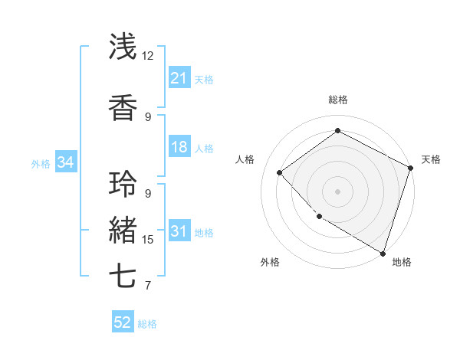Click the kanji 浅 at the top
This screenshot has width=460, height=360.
click(x=123, y=47)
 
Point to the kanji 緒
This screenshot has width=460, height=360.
click(x=123, y=231)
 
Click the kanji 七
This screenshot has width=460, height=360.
click(x=123, y=277)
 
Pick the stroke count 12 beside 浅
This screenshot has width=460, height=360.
click(x=148, y=56)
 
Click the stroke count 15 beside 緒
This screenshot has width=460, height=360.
click(x=148, y=240)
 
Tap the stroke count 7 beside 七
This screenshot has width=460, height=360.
click(x=148, y=286)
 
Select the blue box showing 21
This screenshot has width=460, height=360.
click(x=179, y=78)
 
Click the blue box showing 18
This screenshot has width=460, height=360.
click(x=179, y=147)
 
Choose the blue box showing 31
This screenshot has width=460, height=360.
click(x=179, y=231)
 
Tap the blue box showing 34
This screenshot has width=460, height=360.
click(x=65, y=162)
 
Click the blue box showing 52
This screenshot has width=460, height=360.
click(x=123, y=322)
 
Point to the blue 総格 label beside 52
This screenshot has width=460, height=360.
click(x=148, y=324)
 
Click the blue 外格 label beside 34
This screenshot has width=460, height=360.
click(x=41, y=164)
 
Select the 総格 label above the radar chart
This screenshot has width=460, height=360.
click(x=337, y=100)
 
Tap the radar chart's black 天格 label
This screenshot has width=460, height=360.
click(x=431, y=159)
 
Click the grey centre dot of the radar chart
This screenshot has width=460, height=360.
click(x=337, y=191)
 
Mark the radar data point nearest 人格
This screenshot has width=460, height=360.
click(x=280, y=172)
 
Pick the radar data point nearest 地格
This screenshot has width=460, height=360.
click(x=383, y=253)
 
